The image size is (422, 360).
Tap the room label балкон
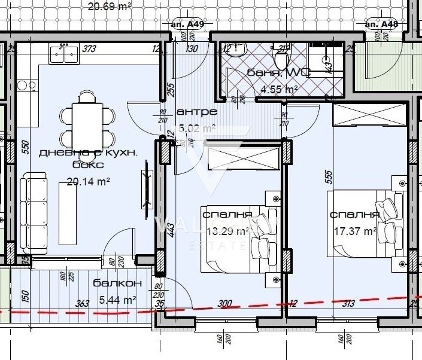118,284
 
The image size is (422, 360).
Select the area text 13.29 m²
226,231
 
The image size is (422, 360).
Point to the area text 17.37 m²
353,230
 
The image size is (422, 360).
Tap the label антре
197,112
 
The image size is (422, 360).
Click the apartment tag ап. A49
187,24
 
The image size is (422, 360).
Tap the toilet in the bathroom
280,59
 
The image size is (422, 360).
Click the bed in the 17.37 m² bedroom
363,223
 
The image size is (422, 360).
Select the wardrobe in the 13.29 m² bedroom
243,159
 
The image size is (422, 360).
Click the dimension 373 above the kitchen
90,49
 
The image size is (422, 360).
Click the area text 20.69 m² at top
110,7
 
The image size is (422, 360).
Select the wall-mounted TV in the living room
146,190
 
